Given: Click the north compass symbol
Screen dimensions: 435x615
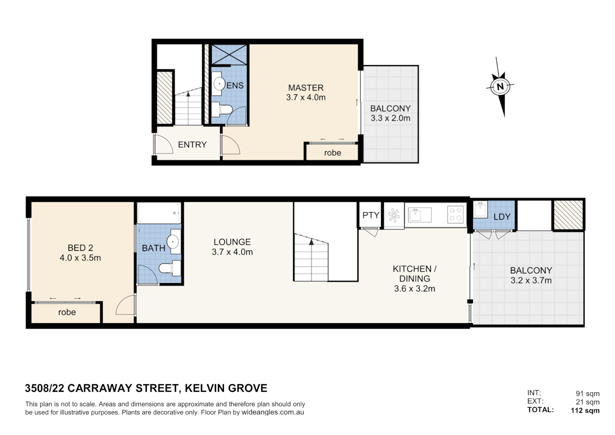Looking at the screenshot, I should click(x=500, y=86).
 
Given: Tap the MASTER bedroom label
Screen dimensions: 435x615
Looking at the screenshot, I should click(x=305, y=88).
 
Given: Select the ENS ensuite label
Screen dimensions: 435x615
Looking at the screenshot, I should click(x=235, y=85).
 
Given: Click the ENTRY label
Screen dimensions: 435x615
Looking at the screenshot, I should click(x=192, y=145).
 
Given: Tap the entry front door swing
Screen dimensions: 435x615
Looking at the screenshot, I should click(x=163, y=144).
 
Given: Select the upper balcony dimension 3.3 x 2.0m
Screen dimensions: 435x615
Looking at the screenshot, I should click(x=390, y=118).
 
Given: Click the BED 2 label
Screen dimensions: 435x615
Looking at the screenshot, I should click(x=80, y=248).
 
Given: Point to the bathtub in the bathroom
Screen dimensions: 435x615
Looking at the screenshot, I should click(x=159, y=213).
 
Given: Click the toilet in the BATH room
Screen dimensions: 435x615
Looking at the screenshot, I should click(x=170, y=268).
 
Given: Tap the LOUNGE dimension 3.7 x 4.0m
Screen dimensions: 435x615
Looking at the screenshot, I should click(x=232, y=252).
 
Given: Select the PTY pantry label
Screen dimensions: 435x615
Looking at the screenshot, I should click(x=370, y=215).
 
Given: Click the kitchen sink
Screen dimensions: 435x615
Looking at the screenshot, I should click(x=419, y=215).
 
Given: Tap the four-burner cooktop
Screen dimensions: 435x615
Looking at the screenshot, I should click(x=456, y=214).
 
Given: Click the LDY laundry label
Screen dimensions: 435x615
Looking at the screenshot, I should click(x=501, y=217).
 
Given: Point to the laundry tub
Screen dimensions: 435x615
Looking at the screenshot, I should click(x=480, y=210).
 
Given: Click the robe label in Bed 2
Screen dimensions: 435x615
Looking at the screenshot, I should click(x=67, y=312).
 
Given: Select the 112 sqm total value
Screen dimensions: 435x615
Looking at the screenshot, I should click(x=585, y=410).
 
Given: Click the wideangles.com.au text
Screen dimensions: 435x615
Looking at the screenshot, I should click(x=272, y=412).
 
